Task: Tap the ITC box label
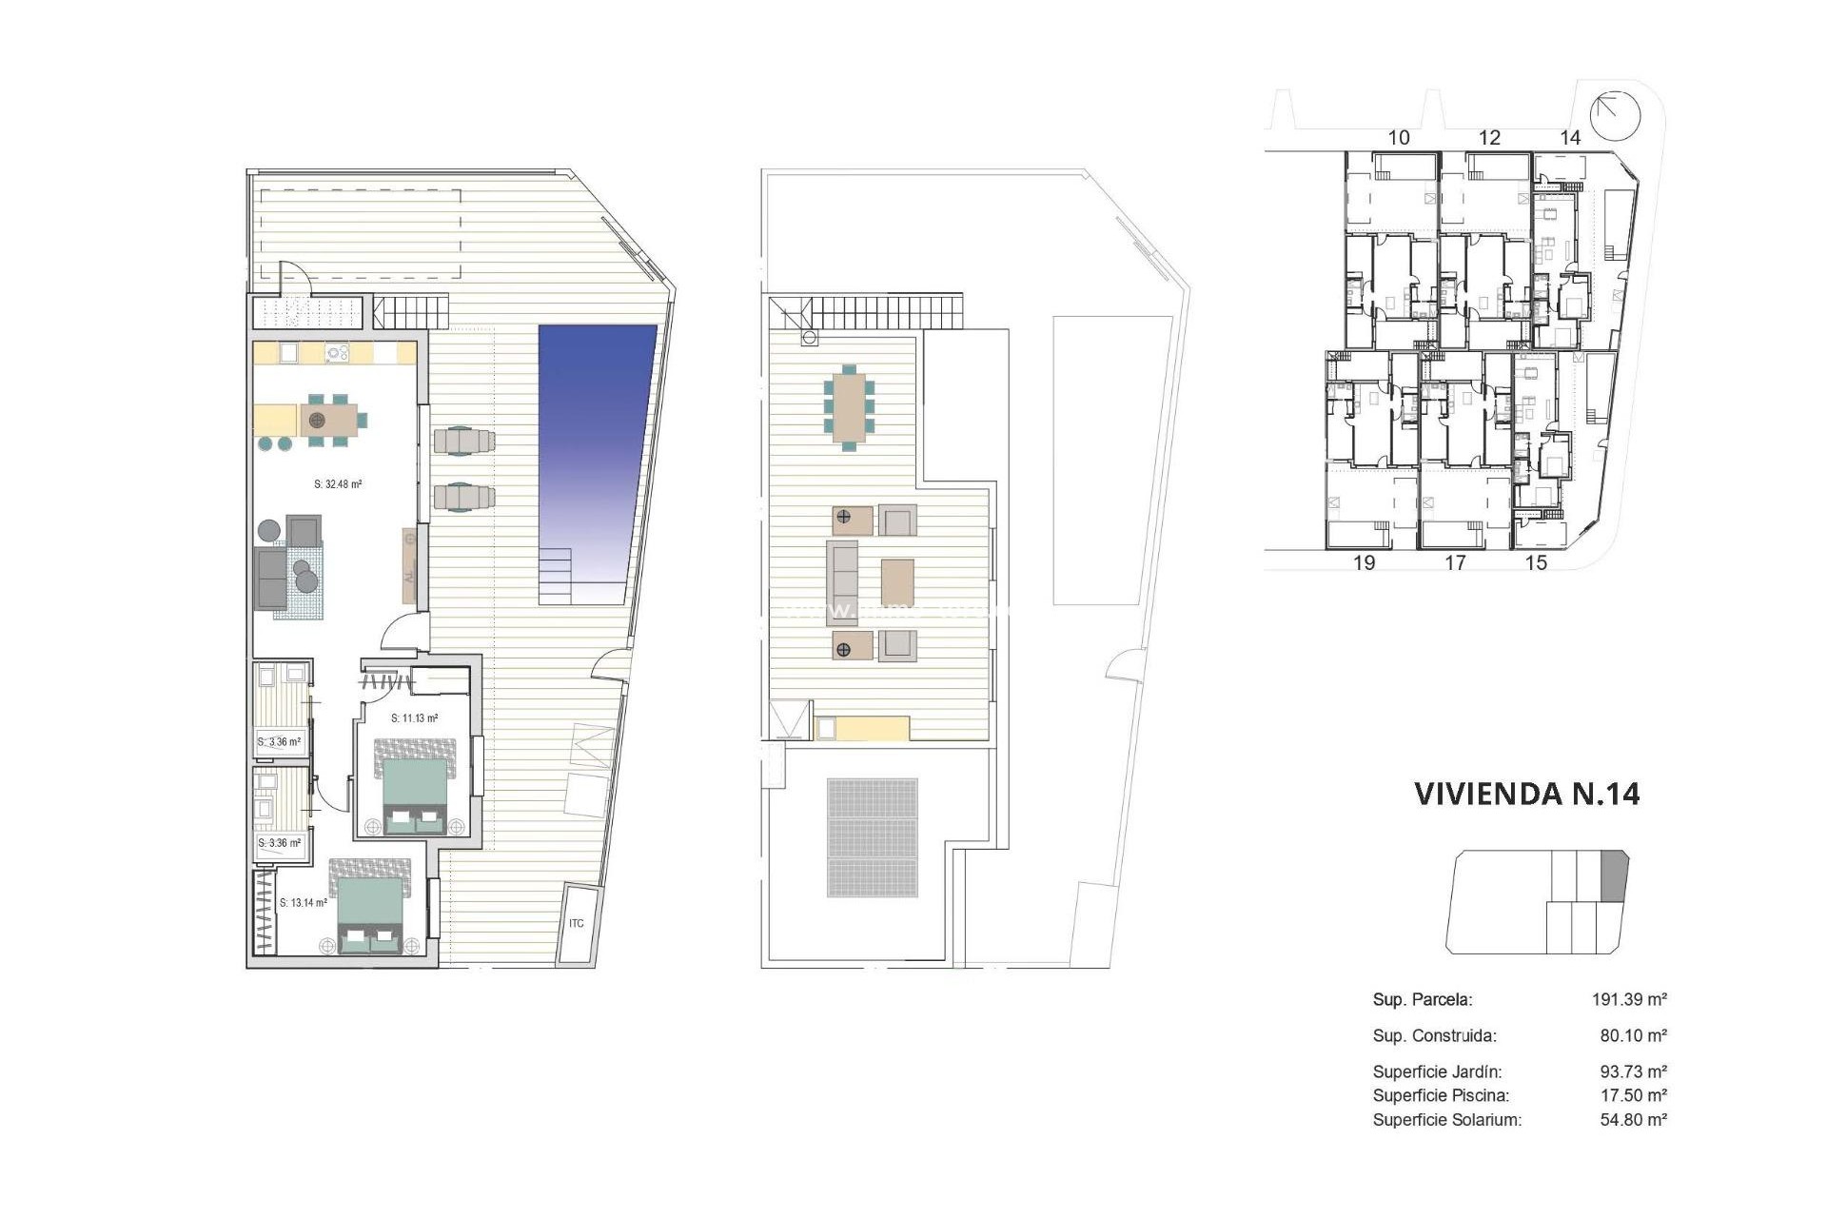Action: coord(577,924)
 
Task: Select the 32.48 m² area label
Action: coord(338,484)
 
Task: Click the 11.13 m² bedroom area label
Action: coord(414,718)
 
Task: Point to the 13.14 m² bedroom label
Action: coord(304,903)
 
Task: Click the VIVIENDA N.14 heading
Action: coord(1526,795)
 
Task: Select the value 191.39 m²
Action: coord(1629,1000)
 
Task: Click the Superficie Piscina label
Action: coord(1441,1096)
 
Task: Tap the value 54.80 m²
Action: coord(1633,1120)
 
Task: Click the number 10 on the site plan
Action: coord(1398,138)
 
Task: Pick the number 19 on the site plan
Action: coord(1364,563)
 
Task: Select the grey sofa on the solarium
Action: coord(841,582)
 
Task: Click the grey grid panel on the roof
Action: coord(873,837)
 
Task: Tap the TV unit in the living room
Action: coord(409,565)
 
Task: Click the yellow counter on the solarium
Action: coord(863,729)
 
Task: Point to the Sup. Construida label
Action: coord(1434,1035)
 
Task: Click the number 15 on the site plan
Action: coord(1536,563)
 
